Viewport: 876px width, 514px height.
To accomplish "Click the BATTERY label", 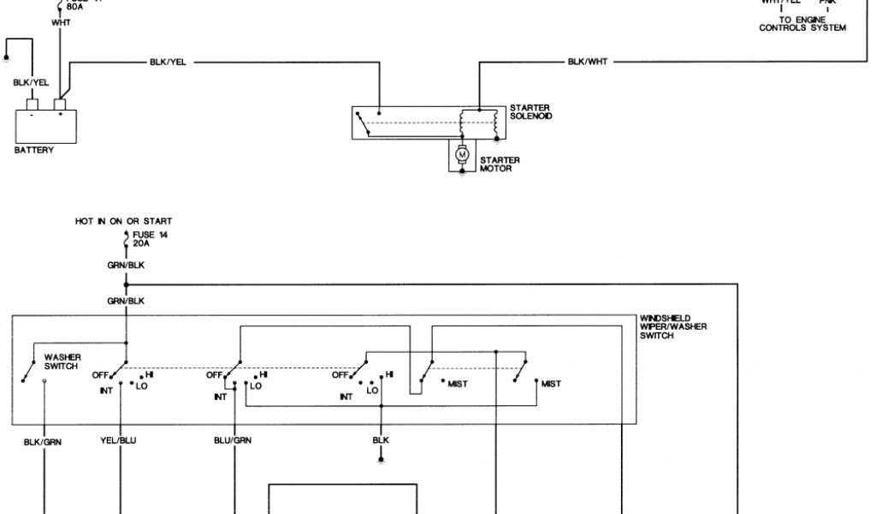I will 34,150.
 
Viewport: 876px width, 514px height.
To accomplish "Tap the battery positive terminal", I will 60,105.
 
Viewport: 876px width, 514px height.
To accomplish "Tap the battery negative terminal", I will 32,105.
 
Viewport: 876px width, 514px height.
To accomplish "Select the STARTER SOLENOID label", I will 530,111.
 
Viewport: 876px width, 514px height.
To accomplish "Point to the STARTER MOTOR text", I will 500,164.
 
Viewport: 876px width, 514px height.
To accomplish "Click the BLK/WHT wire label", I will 588,63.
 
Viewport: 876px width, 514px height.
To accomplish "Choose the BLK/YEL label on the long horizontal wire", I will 167,63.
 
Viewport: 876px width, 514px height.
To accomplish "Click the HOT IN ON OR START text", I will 123,221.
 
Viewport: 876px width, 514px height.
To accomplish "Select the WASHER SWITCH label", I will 62,362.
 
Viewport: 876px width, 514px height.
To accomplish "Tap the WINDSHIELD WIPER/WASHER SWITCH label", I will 672,326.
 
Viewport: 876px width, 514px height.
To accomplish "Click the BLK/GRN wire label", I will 43,442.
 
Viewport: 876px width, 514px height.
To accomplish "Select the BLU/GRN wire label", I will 232,442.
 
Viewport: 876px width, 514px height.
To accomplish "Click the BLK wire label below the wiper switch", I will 381,440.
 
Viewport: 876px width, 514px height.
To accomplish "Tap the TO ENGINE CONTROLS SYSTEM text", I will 802,24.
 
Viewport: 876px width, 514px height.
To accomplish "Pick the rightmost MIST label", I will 551,384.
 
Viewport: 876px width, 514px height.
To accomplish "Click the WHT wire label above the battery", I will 61,22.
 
